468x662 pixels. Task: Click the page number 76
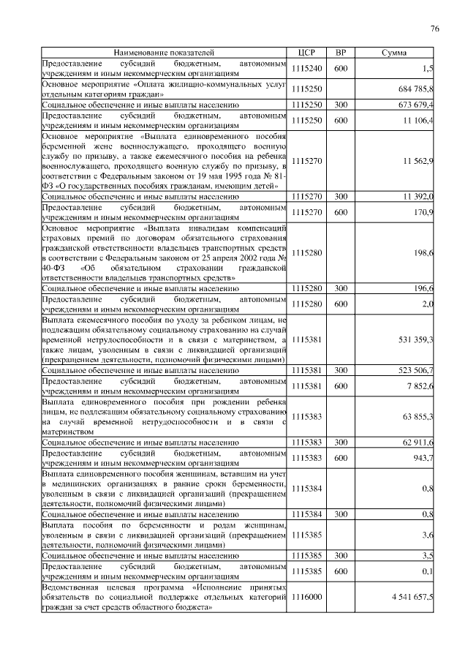click(x=434, y=29)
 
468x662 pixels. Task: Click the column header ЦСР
click(x=306, y=53)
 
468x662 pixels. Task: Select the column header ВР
click(x=340, y=53)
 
